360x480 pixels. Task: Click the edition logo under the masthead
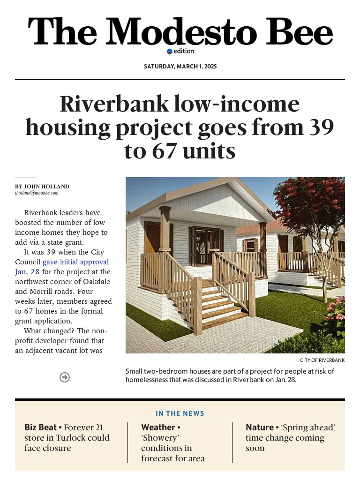pyautogui.click(x=180, y=51)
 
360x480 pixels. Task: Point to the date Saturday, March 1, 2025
pyautogui.click(x=180, y=67)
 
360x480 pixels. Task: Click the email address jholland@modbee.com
pyautogui.click(x=37, y=193)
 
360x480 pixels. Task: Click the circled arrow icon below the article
pyautogui.click(x=65, y=377)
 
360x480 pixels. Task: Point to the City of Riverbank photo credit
pyautogui.click(x=322, y=360)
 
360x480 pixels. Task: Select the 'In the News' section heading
pyautogui.click(x=180, y=413)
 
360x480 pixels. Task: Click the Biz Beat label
pyautogui.click(x=40, y=427)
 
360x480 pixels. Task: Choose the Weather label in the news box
pyautogui.click(x=158, y=427)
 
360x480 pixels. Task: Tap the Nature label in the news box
pyautogui.click(x=260, y=427)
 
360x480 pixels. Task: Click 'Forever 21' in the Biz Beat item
pyautogui.click(x=83, y=427)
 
